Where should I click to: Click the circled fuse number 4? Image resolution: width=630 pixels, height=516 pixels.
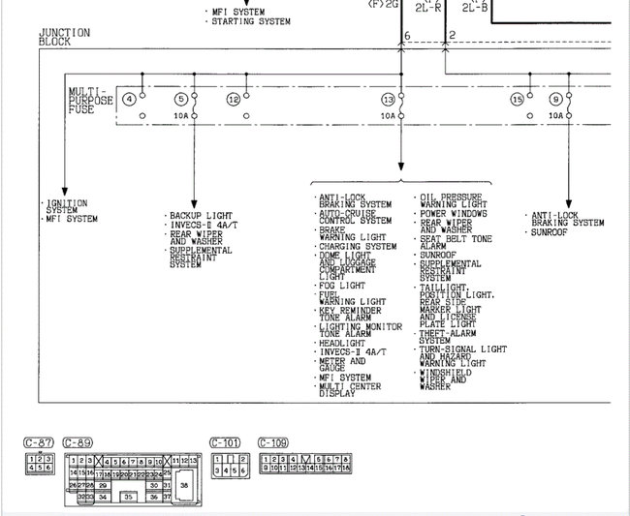coord(129,99)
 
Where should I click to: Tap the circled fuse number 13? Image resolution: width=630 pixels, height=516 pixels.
coord(388,99)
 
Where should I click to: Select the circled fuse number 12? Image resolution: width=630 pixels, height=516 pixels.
coord(233,99)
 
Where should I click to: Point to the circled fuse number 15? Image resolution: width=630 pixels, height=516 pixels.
coord(517,99)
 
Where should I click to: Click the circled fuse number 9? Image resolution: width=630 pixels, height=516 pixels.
coord(555,99)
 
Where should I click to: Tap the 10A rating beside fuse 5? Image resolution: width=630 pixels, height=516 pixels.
coord(179,115)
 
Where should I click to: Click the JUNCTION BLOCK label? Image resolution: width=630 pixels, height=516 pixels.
coord(64,37)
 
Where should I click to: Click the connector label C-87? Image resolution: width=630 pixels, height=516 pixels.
coord(38,442)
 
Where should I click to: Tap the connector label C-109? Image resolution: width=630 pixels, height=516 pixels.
coord(273,442)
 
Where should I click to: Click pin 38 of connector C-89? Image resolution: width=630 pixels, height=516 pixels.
coord(186,483)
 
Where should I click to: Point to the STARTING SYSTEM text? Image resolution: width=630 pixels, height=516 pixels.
coord(253,21)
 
